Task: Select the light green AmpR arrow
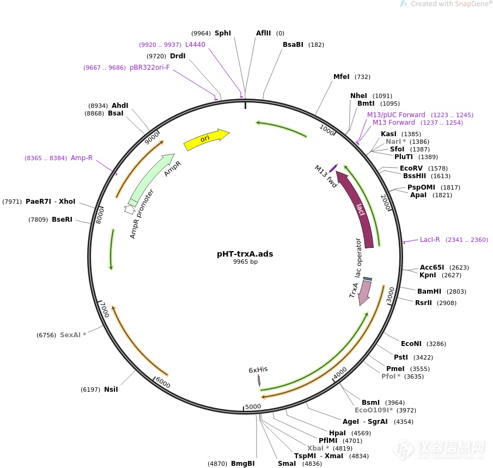[x=150, y=178]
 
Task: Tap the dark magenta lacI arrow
[x=360, y=210]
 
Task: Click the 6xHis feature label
[x=258, y=369]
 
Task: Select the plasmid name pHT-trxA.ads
[x=245, y=253]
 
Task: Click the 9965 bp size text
[x=245, y=262]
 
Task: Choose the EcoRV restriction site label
[x=411, y=168]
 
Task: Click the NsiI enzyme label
[x=111, y=389]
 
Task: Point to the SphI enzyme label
[x=223, y=33]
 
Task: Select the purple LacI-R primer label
[x=430, y=240]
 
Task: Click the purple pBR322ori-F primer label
[x=149, y=68]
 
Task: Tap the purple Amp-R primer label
[x=82, y=158]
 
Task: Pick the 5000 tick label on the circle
[x=253, y=406]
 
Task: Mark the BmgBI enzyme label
[x=242, y=464]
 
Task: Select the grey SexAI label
[x=73, y=335]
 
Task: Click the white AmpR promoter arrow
[x=130, y=209]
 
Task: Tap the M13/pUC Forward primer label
[x=396, y=115]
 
